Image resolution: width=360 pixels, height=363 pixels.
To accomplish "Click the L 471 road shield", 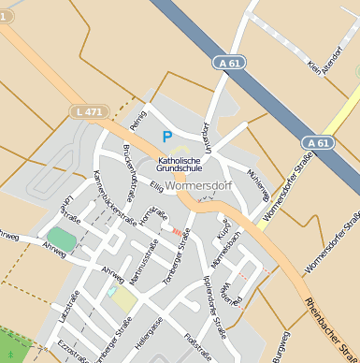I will pyautogui.click(x=86, y=111).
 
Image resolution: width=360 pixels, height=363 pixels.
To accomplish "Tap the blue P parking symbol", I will pyautogui.click(x=167, y=137).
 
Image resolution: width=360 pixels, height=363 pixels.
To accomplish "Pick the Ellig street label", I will pyautogui.click(x=157, y=188).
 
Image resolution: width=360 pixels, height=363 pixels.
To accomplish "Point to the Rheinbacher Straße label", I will pyautogui.click(x=328, y=327).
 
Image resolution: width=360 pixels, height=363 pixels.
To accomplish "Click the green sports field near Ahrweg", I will pyautogui.click(x=62, y=240).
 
